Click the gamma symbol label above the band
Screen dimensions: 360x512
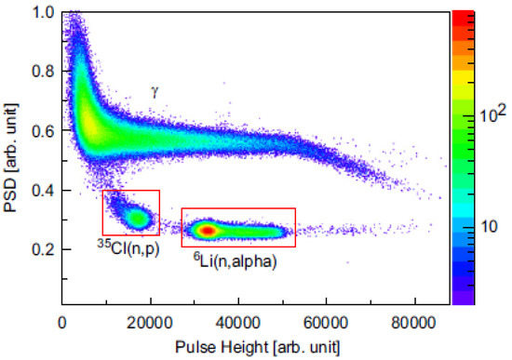click(x=156, y=91)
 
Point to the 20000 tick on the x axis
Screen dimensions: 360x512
click(x=149, y=323)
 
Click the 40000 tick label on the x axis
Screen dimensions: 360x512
click(x=237, y=323)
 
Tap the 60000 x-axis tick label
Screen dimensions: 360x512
click(x=326, y=323)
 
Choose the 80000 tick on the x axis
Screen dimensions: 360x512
click(x=414, y=323)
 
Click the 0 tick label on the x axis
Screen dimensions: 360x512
click(x=61, y=323)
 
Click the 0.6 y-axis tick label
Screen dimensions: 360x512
click(x=42, y=132)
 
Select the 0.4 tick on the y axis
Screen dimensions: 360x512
click(x=42, y=191)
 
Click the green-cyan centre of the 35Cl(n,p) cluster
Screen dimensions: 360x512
click(x=138, y=219)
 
